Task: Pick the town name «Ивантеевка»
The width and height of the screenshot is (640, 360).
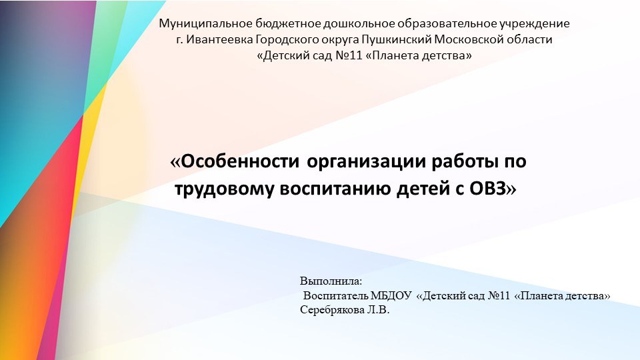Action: [x=217, y=40]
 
